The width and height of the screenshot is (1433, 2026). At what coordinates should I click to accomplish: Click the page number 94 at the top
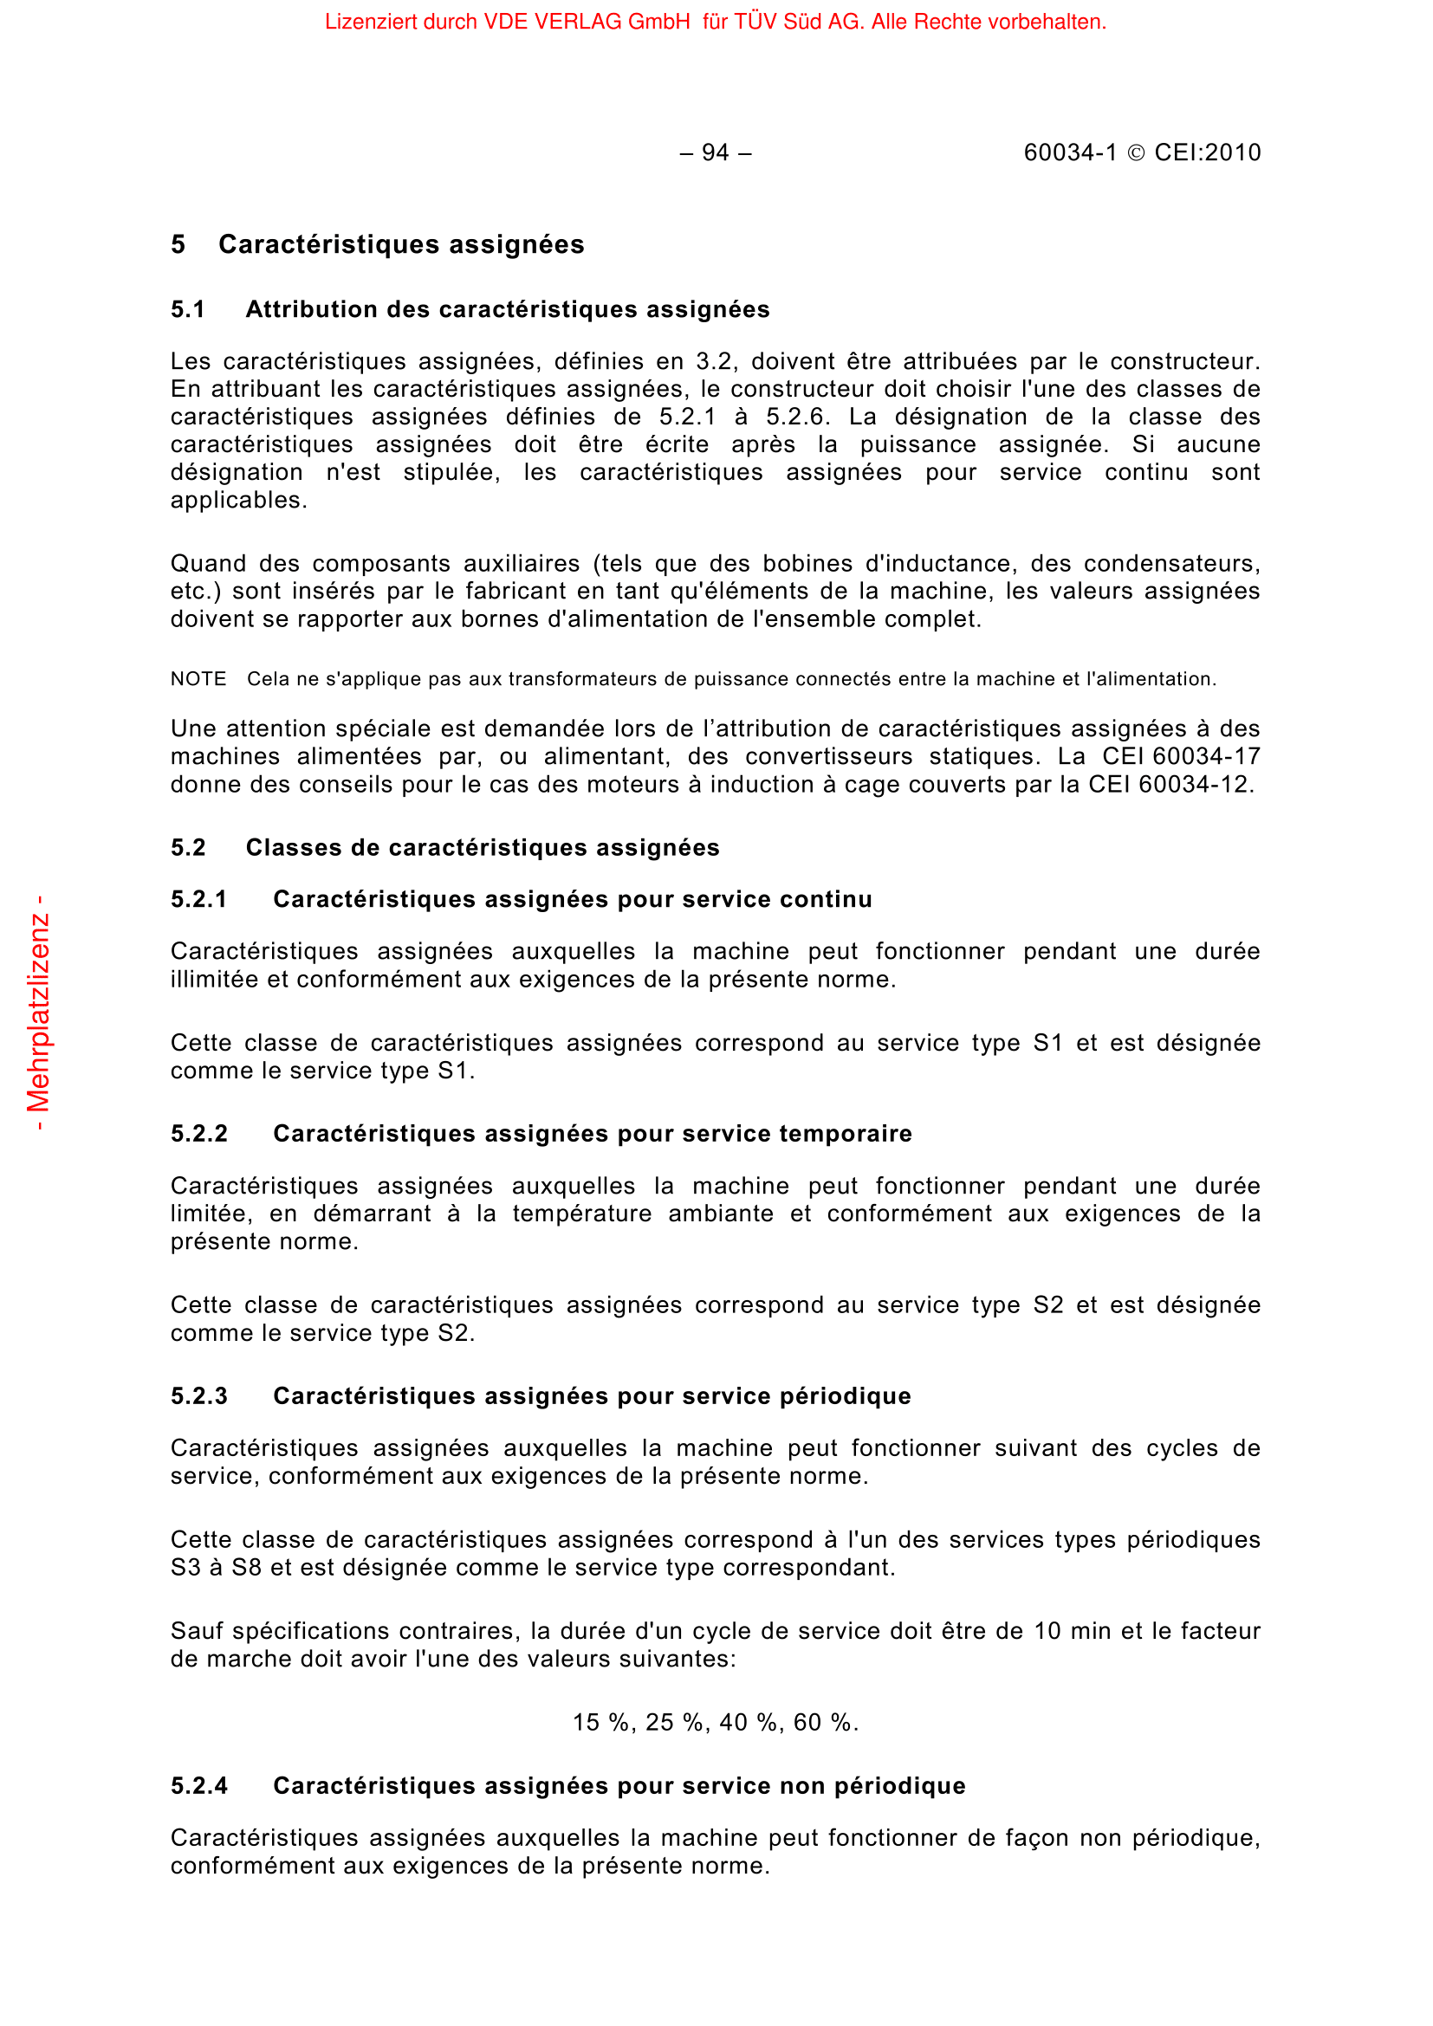(x=715, y=153)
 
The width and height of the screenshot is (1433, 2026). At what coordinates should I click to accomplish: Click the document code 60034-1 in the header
(x=1069, y=153)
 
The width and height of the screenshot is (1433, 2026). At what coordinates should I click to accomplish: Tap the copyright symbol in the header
(x=1137, y=153)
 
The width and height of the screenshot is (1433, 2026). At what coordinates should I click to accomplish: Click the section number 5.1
(x=188, y=310)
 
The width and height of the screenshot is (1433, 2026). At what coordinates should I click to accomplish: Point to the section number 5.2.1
(x=199, y=899)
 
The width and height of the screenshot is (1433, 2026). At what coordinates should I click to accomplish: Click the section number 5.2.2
(x=199, y=1134)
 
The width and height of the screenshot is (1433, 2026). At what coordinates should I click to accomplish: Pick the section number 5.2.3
(x=199, y=1396)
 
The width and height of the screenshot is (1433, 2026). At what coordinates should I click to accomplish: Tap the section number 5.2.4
(x=199, y=1786)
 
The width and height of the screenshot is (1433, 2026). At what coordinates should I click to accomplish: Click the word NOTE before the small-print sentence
(x=198, y=678)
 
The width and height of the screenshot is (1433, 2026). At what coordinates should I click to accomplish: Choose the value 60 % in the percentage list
(x=824, y=1723)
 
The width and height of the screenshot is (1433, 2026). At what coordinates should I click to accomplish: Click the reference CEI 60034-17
(x=1181, y=756)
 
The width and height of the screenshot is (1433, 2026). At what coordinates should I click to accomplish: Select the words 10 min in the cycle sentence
(x=1073, y=1631)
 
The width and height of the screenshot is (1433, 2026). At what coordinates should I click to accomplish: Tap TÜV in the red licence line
(x=754, y=22)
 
